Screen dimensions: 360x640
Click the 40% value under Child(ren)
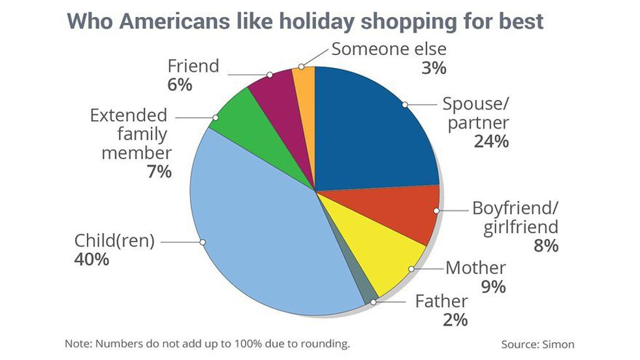[91, 259]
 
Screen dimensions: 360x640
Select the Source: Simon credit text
[537, 344]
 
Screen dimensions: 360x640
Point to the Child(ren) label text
[115, 240]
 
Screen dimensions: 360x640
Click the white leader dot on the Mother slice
[411, 269]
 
